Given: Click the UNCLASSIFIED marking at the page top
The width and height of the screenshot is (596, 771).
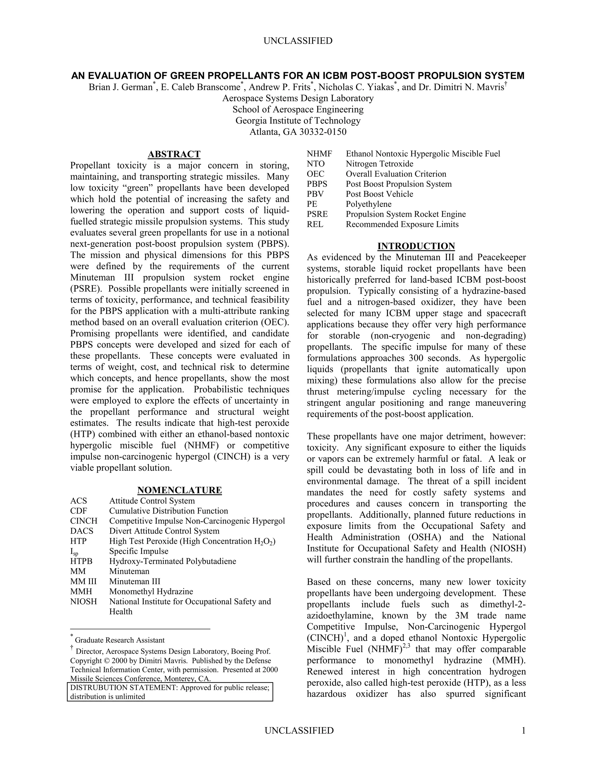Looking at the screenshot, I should [298, 41].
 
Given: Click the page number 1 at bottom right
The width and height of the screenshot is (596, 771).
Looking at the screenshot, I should [523, 730].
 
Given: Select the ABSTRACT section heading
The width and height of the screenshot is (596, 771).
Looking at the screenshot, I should [174, 154].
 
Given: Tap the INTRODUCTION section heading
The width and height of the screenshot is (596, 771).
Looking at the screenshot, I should [416, 246].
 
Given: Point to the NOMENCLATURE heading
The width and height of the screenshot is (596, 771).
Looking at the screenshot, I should [179, 490].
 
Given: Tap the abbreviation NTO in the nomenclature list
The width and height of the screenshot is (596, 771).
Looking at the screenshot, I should [316, 164].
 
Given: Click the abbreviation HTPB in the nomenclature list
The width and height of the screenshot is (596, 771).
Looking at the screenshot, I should [81, 561].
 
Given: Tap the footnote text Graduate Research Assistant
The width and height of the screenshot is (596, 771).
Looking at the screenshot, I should [120, 640].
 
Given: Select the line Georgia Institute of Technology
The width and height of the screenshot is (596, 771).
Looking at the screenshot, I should [298, 121].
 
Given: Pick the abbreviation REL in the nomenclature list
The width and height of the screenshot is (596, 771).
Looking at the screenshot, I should [315, 224].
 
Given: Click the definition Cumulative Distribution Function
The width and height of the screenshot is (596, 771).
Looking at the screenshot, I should [168, 511].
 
